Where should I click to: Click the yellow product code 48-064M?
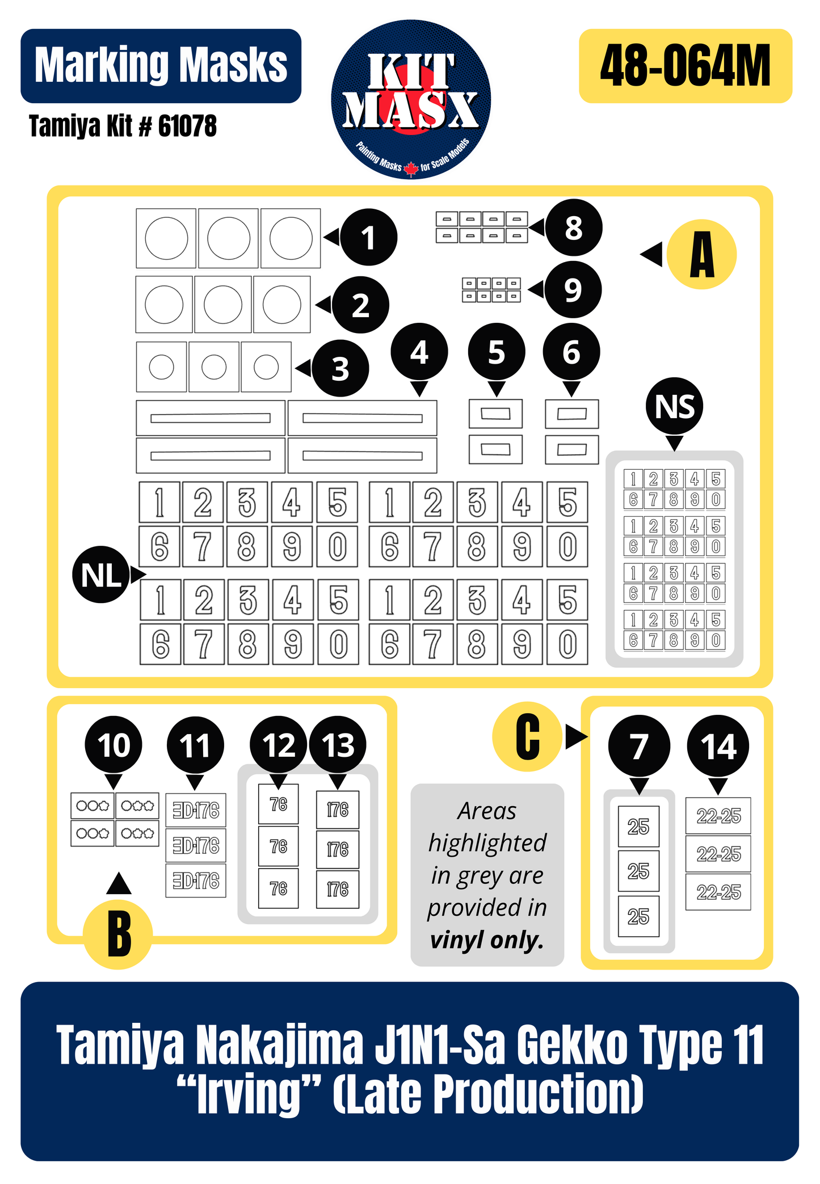coord(685,66)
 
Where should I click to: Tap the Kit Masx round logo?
coord(411,100)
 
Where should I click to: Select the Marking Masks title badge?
coord(161,66)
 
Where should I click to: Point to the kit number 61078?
coord(187,126)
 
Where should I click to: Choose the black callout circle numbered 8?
coord(574,227)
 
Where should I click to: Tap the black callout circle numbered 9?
coord(573,289)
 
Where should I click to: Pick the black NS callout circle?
coord(675,406)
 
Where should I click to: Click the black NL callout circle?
coord(101,575)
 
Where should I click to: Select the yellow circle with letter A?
coord(702,254)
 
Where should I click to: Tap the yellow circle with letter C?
coord(527,736)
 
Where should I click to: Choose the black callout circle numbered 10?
coord(113,744)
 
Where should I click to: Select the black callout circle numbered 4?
coord(419,352)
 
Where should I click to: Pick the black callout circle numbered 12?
coord(279,744)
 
